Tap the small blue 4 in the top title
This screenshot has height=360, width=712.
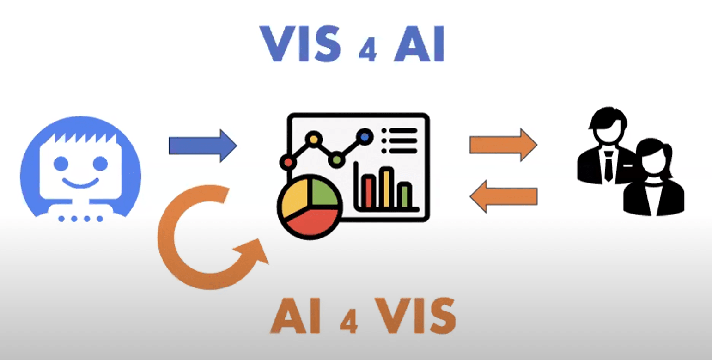367,52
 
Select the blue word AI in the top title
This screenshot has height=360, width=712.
419,45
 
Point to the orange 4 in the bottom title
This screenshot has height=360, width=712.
349,323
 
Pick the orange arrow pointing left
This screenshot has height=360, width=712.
503,196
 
